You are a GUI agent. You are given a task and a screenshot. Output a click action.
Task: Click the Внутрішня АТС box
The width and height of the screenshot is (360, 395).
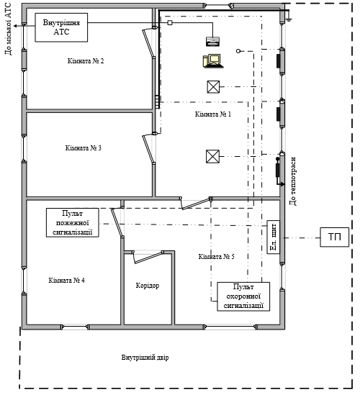coord(61,27)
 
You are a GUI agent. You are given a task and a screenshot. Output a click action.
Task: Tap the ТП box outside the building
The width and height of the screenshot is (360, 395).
coord(335,237)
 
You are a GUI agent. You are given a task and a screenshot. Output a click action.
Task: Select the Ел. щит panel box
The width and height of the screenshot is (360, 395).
coord(274,237)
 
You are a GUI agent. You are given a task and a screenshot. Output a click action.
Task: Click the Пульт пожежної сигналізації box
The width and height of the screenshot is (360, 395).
coord(72,223)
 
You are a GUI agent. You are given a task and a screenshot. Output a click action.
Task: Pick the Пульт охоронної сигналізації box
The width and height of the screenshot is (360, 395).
coord(243,296)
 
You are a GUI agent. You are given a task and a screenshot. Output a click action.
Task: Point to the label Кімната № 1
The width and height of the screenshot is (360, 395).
coord(213,114)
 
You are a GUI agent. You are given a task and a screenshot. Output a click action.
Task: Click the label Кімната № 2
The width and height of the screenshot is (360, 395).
coord(86,61)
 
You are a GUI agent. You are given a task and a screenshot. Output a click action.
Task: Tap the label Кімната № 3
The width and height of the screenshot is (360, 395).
coord(84,148)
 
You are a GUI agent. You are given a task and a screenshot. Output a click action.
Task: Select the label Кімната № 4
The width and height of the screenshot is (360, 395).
coord(66,281)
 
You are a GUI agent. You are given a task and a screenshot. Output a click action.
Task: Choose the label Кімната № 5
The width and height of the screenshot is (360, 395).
coord(217,257)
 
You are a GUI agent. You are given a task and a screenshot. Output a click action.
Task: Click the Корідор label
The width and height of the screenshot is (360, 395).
coord(148,286)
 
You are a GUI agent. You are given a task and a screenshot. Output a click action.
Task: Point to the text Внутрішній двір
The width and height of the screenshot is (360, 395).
coord(145,358)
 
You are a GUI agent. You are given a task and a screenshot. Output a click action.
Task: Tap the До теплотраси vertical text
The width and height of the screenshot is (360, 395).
coord(293,181)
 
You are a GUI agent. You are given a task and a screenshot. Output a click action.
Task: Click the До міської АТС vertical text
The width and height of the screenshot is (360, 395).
coord(9,29)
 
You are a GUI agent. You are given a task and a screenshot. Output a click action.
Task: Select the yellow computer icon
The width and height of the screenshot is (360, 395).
coord(213,61)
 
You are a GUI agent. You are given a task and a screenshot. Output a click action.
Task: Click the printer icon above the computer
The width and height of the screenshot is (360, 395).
coord(213,41)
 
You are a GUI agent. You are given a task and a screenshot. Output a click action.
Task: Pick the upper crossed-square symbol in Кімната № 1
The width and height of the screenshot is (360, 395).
coord(213,87)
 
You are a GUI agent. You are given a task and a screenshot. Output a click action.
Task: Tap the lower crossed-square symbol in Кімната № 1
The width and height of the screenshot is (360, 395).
coord(213,156)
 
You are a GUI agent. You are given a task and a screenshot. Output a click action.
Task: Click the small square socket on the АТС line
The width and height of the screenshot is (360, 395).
coord(170,23)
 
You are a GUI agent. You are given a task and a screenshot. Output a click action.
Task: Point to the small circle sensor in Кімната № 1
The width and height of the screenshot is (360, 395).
coord(238,51)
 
